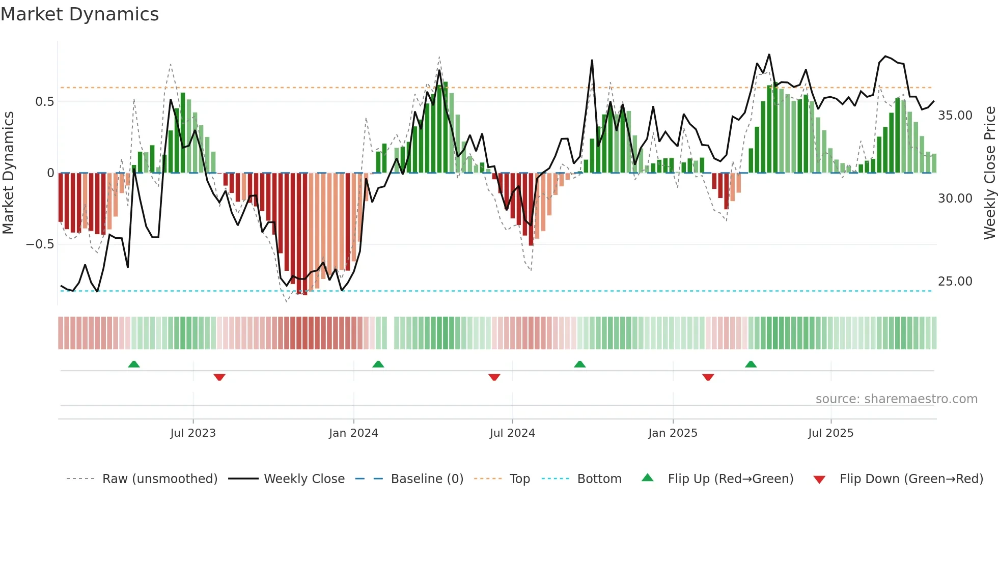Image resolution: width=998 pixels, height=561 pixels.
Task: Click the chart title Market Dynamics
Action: click(79, 14)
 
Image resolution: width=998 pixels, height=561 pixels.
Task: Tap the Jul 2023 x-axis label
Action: click(193, 433)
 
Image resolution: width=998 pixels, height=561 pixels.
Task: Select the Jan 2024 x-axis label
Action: click(353, 433)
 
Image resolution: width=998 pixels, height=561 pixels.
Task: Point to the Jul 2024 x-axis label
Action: click(512, 433)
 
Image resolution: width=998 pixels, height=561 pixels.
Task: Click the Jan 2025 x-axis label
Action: click(673, 433)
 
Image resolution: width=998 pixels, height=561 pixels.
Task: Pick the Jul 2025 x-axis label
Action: click(830, 433)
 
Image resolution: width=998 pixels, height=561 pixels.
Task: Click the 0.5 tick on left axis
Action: click(44, 102)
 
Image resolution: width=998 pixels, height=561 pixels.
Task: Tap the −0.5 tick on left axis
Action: click(40, 244)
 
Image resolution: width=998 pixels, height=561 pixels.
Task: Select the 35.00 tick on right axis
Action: click(955, 116)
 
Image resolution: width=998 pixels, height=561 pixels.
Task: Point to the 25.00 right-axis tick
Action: click(955, 282)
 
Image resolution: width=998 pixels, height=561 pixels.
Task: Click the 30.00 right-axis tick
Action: click(955, 199)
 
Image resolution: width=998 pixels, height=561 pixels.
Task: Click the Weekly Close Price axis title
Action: click(989, 173)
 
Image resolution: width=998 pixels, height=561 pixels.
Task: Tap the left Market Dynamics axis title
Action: click(8, 173)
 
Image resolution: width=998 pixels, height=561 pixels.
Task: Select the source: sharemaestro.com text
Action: click(896, 399)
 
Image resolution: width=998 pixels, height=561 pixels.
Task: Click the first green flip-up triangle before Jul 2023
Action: click(134, 364)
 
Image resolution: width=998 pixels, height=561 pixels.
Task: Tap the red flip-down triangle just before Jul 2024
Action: click(494, 377)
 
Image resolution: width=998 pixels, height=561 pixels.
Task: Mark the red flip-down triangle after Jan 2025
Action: click(708, 377)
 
